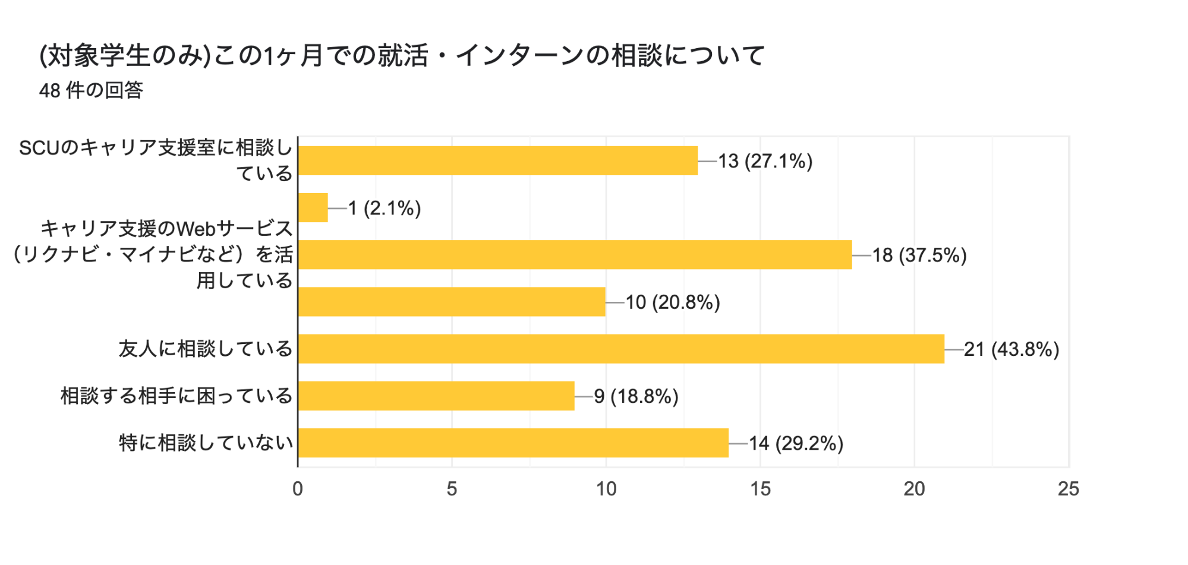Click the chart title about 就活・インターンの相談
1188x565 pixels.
coord(402,56)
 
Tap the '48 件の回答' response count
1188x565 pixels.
coord(91,90)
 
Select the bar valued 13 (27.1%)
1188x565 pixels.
coord(497,160)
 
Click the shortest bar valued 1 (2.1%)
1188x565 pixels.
coord(313,207)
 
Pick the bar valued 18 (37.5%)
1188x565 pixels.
coord(575,254)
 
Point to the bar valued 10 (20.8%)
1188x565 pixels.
coord(452,302)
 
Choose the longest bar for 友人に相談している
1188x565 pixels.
coord(621,349)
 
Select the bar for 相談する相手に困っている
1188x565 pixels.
coord(436,396)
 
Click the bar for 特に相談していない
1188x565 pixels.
coord(513,443)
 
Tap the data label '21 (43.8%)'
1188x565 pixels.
coord(1011,349)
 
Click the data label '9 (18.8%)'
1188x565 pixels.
coord(636,396)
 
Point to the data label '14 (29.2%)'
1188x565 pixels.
coord(796,443)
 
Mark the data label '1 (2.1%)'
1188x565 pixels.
coord(385,208)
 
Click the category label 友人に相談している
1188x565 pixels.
coord(206,349)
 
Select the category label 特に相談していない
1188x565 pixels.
coord(206,443)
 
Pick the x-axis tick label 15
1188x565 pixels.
coord(760,489)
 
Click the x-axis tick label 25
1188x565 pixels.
coord(1068,489)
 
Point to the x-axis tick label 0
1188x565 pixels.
coord(298,489)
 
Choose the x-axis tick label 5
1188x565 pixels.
coord(452,489)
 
